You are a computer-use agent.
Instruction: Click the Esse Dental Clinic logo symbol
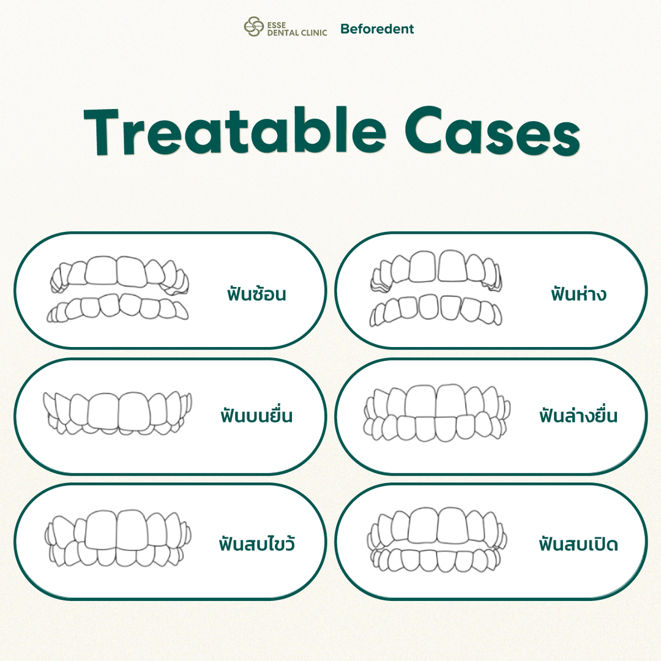click(254, 27)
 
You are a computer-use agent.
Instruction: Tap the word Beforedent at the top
click(377, 29)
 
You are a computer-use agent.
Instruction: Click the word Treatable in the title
click(234, 131)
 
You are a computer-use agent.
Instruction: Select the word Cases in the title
click(492, 131)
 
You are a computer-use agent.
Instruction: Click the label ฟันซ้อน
click(256, 293)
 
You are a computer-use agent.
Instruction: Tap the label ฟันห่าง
click(578, 293)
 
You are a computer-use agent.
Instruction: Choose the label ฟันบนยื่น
click(256, 415)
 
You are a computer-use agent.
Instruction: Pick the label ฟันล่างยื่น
click(578, 415)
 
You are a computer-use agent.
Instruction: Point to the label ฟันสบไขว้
click(256, 543)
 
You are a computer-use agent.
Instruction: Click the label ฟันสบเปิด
click(578, 543)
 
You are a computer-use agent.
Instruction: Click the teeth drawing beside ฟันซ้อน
click(118, 289)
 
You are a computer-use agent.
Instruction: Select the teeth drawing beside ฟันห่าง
click(436, 288)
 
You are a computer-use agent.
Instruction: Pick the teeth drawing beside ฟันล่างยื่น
click(437, 413)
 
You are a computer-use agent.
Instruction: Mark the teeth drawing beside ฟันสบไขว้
click(118, 539)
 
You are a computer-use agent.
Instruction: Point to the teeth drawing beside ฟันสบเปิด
click(437, 540)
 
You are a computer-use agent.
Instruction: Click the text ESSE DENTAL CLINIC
click(297, 29)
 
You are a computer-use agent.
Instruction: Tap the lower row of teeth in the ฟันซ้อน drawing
click(118, 308)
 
